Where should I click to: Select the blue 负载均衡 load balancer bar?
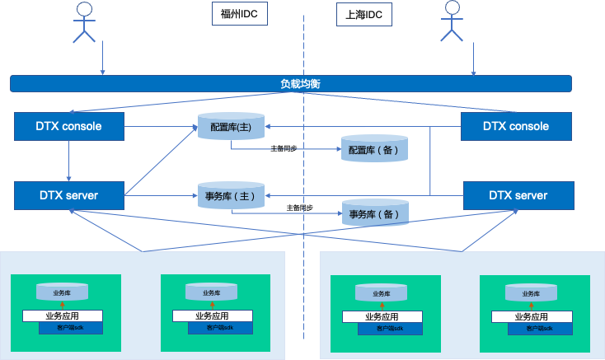(291, 83)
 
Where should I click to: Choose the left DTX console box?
(69, 126)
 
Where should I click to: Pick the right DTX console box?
(516, 126)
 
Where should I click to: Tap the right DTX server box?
(518, 195)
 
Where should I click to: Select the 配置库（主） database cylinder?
(230, 127)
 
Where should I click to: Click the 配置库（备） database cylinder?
(376, 149)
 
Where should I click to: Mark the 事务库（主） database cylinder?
(230, 196)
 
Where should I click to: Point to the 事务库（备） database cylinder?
(376, 213)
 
